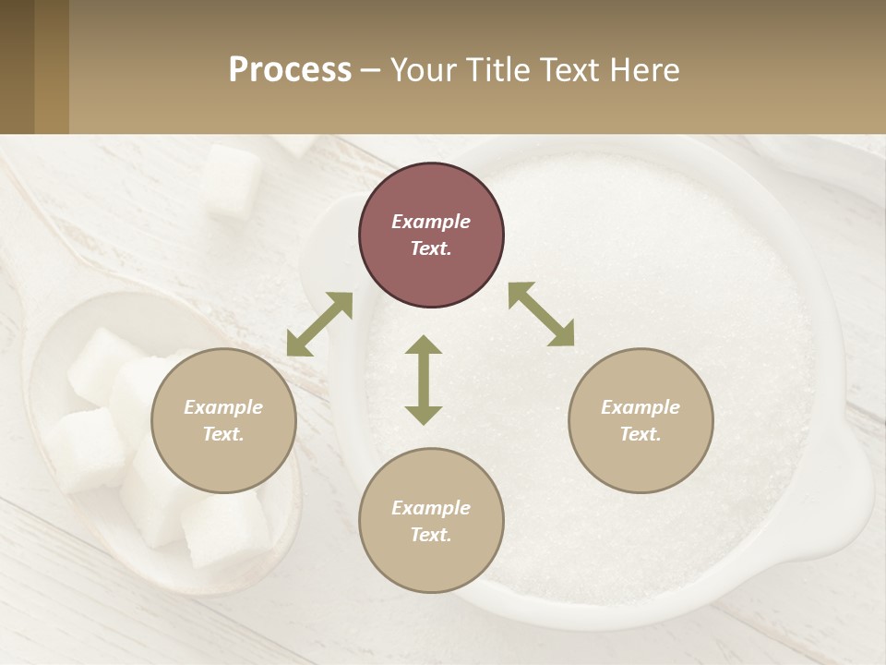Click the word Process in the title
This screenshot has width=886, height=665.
coord(290,70)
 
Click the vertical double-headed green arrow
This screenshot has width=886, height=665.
coord(424,380)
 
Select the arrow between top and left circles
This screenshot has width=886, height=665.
coord(319,324)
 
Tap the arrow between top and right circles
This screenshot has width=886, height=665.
coord(541,314)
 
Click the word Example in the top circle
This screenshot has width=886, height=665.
coord(431,222)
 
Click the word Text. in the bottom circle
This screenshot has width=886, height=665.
coord(431,535)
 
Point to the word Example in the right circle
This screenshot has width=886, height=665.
coord(641,407)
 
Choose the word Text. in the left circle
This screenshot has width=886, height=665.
coord(223,434)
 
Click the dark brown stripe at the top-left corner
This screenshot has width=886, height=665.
coord(17,66)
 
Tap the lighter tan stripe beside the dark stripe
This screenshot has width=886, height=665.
coord(52,66)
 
